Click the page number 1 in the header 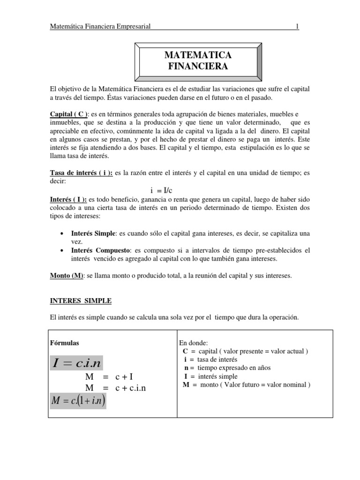pyautogui.click(x=297, y=27)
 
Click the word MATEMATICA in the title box pyautogui.click(x=198, y=55)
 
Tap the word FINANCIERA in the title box pyautogui.click(x=198, y=67)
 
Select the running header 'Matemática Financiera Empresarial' pyautogui.click(x=100, y=27)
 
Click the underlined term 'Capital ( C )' pyautogui.click(x=69, y=114)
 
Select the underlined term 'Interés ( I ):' pyautogui.click(x=68, y=199)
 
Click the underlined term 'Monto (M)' pyautogui.click(x=66, y=276)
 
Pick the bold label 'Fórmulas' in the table pyautogui.click(x=65, y=343)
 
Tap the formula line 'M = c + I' pyautogui.click(x=110, y=377)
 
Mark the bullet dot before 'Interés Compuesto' pyautogui.click(x=63, y=250)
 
